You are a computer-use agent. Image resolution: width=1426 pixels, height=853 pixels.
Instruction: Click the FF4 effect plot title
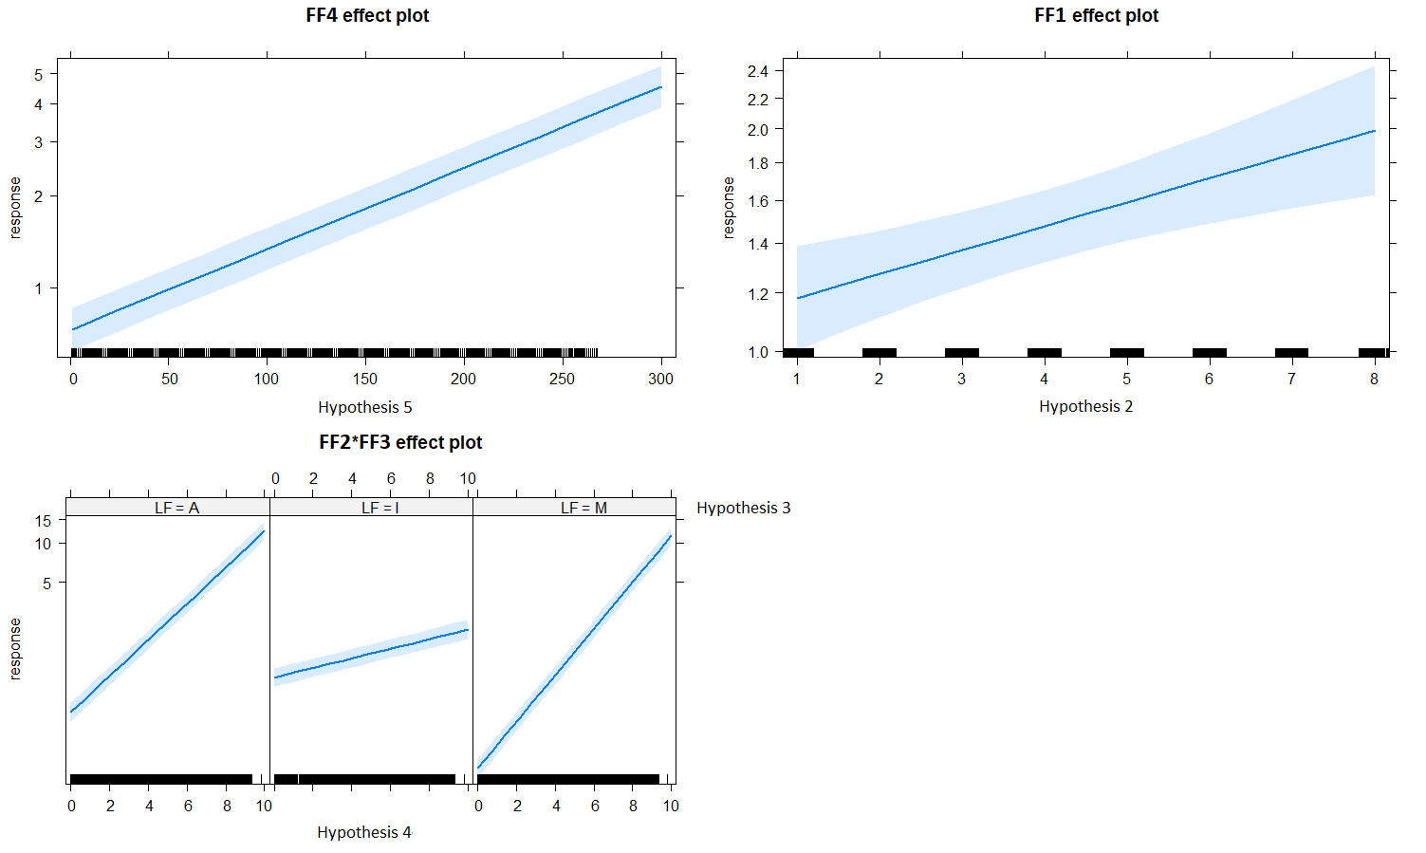click(x=367, y=15)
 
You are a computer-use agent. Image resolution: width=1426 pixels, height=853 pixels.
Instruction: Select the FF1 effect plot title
click(x=1096, y=15)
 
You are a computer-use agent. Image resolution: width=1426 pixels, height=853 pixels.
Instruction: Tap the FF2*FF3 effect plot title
click(x=400, y=442)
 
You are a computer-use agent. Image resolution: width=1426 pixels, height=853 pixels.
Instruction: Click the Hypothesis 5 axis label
click(x=365, y=407)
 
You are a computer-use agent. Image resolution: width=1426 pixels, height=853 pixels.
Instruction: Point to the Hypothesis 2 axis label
click(x=1085, y=406)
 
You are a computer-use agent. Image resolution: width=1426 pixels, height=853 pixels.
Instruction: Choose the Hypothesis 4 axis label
click(x=364, y=832)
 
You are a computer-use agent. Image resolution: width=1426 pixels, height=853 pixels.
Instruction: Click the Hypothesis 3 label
click(x=743, y=508)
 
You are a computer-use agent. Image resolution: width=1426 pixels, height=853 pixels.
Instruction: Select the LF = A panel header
click(x=176, y=508)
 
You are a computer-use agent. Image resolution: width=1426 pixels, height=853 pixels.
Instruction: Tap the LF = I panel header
click(x=380, y=508)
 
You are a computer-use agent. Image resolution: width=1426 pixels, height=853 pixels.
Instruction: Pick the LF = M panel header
click(x=583, y=508)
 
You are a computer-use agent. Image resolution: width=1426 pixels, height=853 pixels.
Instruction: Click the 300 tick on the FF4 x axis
click(x=660, y=379)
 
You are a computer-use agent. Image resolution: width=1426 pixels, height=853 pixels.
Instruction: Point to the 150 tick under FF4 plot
click(x=365, y=379)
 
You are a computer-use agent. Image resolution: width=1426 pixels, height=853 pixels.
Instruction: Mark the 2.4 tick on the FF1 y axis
click(x=758, y=71)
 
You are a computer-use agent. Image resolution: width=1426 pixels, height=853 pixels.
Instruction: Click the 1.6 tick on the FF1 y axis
click(x=758, y=201)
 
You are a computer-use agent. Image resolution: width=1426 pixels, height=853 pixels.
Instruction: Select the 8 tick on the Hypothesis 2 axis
click(x=1374, y=379)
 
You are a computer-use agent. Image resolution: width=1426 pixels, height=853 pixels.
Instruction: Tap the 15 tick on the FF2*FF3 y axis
click(x=43, y=520)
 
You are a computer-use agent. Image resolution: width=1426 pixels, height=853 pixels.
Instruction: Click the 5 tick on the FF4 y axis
click(x=39, y=74)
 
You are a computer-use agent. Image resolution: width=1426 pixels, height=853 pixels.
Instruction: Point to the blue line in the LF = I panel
click(x=370, y=652)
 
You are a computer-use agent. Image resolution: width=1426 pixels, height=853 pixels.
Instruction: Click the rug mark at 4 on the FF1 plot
click(x=1044, y=352)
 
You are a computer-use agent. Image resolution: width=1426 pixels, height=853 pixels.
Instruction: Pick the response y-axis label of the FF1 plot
click(x=729, y=207)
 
